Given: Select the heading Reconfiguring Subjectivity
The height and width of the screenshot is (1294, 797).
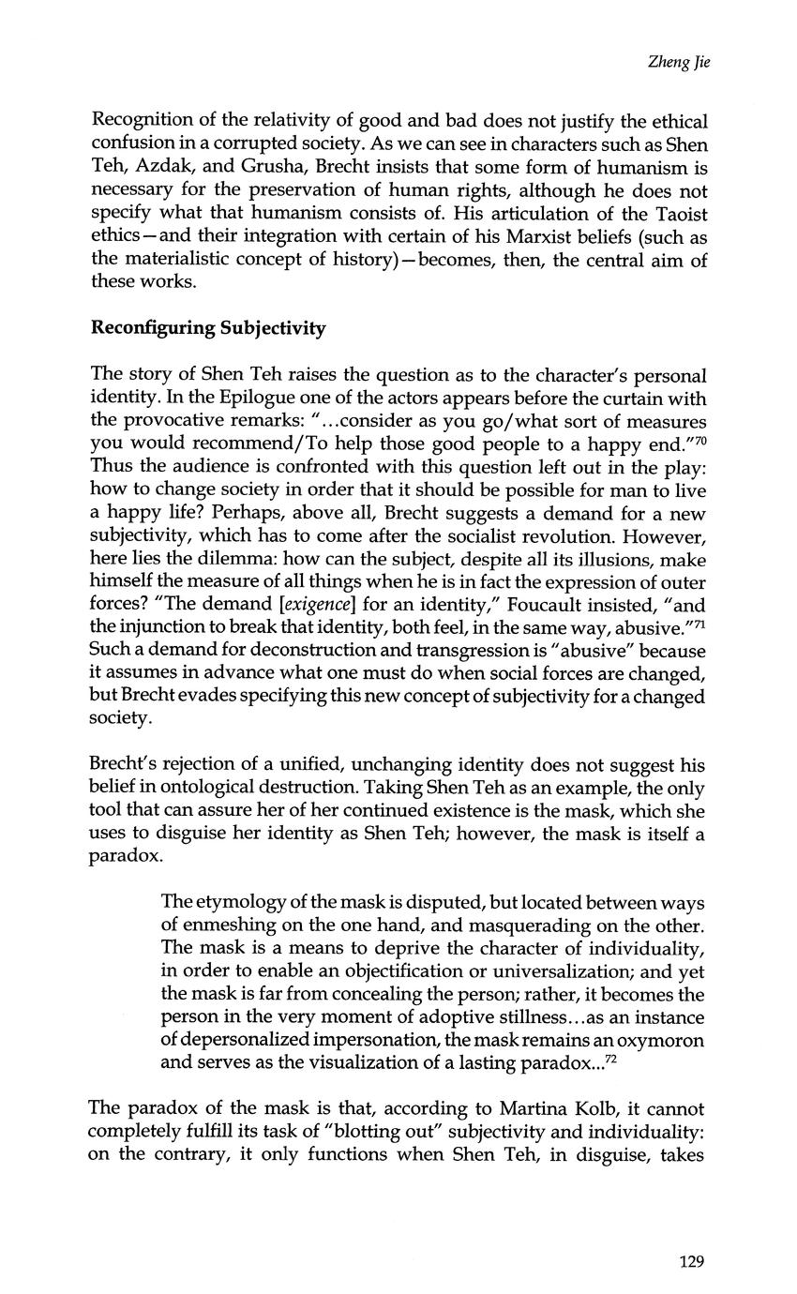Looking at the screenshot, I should pos(208,328).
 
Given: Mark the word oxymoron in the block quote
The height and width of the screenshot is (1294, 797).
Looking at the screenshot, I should pos(662,1040).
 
